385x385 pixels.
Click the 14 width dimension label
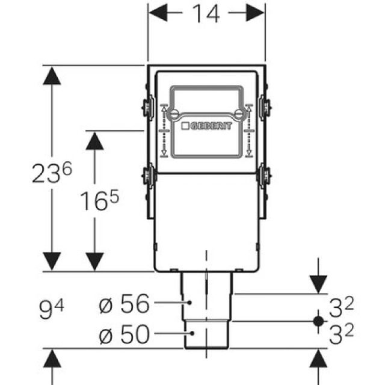coord(206,13)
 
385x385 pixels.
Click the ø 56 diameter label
coord(124,305)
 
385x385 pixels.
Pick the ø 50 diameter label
coord(124,334)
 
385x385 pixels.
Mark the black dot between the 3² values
coord(318,321)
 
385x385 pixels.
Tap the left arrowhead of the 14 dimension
coord(156,12)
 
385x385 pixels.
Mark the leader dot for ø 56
coord(190,302)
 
